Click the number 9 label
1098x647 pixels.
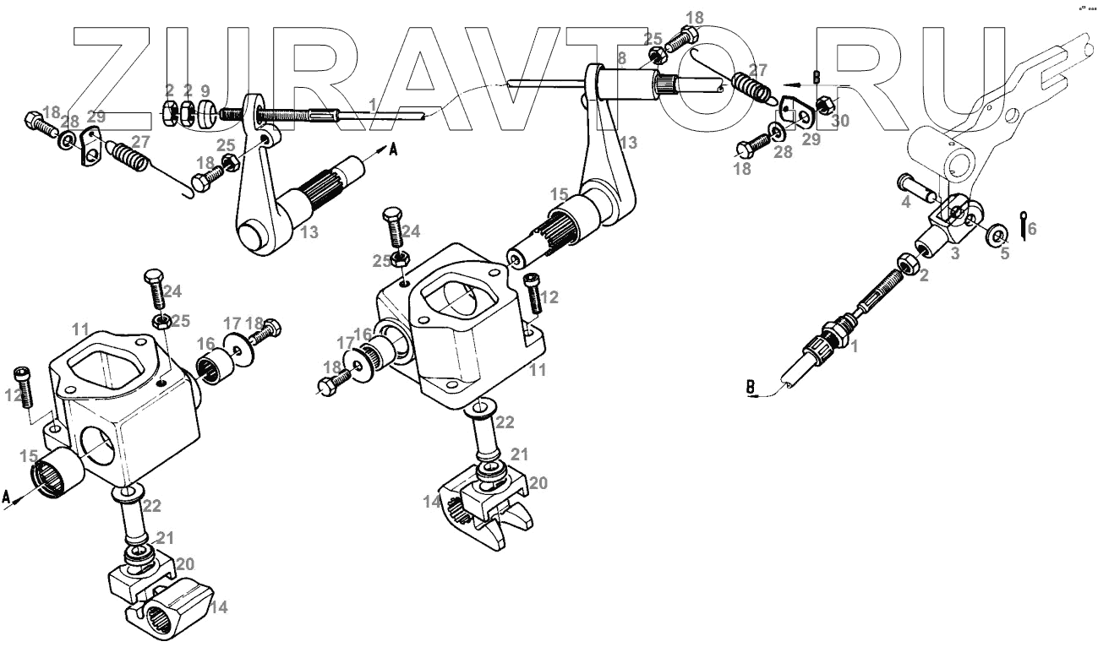click(205, 90)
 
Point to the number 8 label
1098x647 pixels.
click(621, 57)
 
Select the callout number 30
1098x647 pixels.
click(840, 121)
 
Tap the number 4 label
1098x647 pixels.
click(905, 203)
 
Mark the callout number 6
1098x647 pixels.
click(1031, 228)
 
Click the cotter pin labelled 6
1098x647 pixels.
click(1024, 224)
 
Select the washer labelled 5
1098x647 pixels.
click(999, 233)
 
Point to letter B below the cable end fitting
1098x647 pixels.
click(751, 389)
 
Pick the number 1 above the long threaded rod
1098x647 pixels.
click(373, 104)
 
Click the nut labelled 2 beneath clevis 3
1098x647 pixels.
click(909, 265)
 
